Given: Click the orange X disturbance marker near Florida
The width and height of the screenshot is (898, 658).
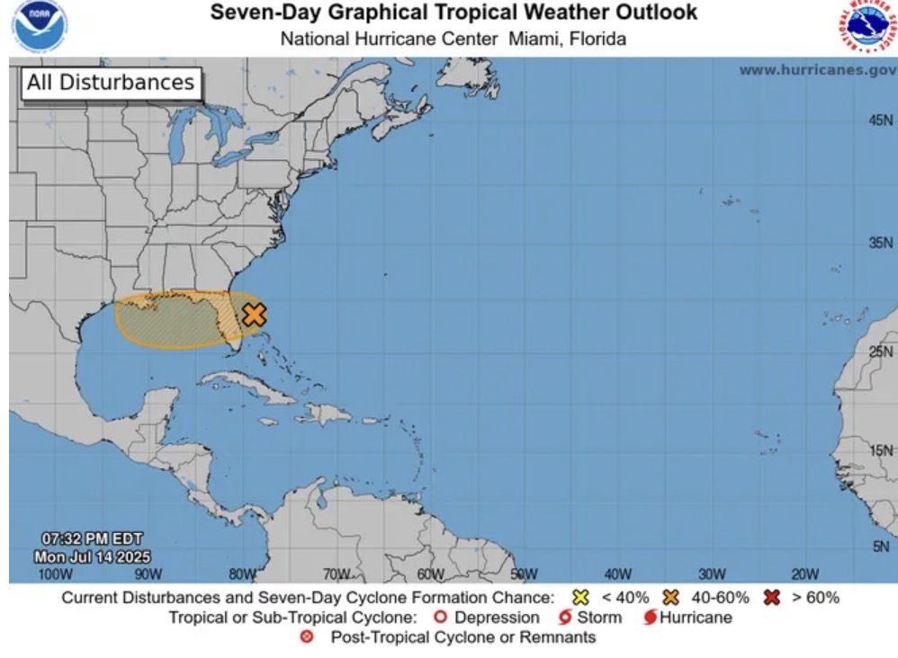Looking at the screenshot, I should point(255,315).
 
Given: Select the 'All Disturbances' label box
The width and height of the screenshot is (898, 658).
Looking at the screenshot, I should point(111,84).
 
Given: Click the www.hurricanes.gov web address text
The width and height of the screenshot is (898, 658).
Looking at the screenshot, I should point(817,70).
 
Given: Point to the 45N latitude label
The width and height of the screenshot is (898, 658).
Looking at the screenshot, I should point(881,120).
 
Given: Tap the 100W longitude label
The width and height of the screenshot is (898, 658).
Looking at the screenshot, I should point(55,574).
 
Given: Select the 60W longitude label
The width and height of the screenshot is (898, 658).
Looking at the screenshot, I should point(430,574).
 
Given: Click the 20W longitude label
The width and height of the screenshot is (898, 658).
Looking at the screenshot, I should point(804,574).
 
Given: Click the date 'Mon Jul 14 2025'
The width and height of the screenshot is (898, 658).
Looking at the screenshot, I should point(92,556).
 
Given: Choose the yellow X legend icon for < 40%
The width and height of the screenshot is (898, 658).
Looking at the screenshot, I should point(580,598).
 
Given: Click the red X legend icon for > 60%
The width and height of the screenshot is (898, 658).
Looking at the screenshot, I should point(771,598).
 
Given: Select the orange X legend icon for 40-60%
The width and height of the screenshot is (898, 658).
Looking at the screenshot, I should point(670,598).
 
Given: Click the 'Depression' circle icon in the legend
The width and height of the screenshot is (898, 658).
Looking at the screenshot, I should point(440,618).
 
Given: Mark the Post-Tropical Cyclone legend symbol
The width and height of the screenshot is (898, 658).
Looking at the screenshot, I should point(307,637).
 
